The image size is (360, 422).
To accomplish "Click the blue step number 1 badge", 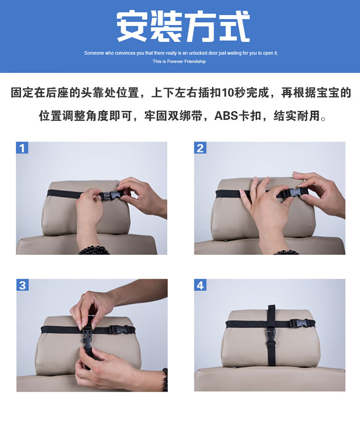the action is pos(22,148).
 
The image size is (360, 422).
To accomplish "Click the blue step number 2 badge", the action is pos(200,148).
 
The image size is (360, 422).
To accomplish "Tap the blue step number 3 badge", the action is pos(23,285).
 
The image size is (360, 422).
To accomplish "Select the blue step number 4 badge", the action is pos(200,285).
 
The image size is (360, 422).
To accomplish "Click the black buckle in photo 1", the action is pos(110,196).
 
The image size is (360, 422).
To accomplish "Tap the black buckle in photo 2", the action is pos(292,193).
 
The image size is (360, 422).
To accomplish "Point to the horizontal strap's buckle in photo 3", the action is pos(119,330).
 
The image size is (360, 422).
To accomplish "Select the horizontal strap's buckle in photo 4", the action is pos(299,323).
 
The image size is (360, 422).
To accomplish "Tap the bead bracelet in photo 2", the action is pos(286,253).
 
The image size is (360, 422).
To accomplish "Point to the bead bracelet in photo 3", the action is pos(165,380).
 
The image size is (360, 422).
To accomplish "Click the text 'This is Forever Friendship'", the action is pos(179,61).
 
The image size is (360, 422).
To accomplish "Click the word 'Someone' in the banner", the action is pos(94,53).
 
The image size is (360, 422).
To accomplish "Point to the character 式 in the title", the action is pos(234,26).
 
